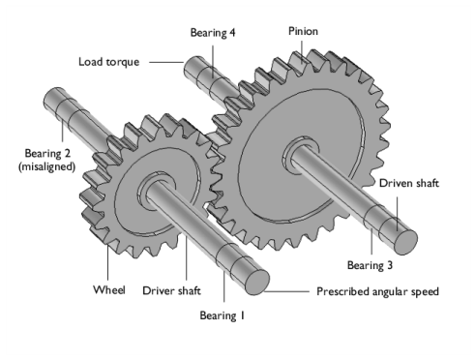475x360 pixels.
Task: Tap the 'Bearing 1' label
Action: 223,315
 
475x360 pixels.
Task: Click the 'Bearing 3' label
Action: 371,262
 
